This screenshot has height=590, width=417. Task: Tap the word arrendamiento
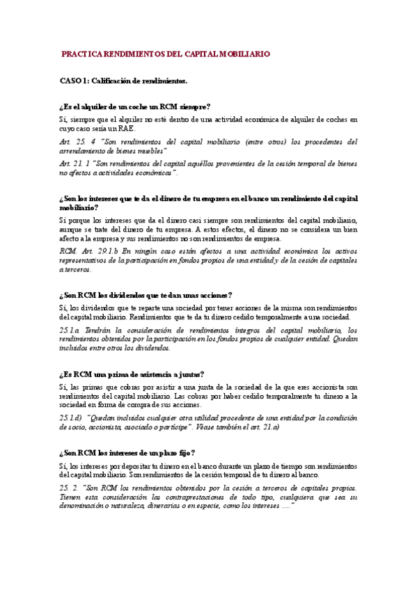(x=84, y=150)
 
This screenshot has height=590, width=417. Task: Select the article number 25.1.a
(x=70, y=330)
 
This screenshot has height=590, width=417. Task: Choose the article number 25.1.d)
(x=71, y=417)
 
